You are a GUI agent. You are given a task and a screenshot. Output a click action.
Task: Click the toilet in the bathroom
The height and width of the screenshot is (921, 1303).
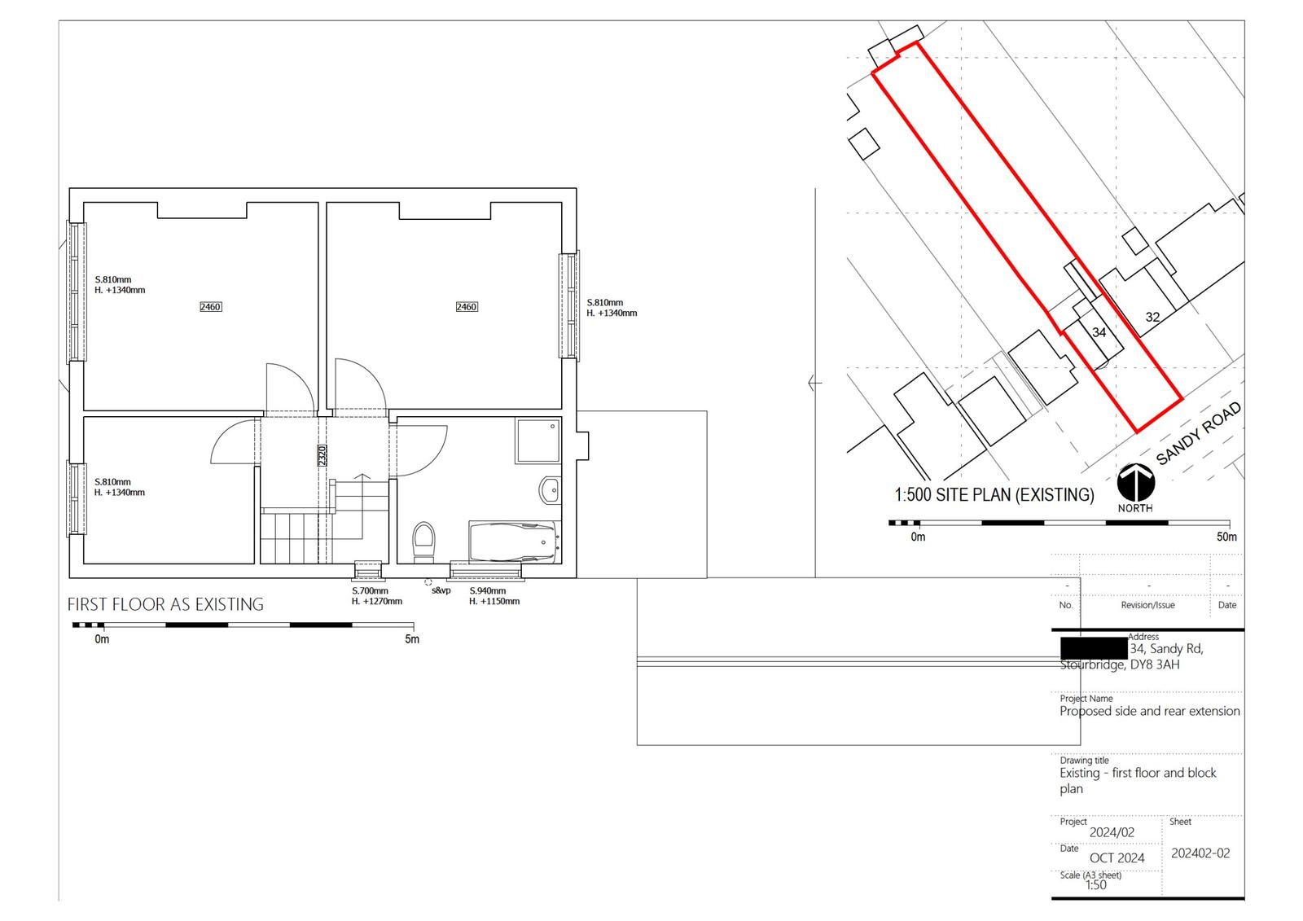pyautogui.click(x=423, y=541)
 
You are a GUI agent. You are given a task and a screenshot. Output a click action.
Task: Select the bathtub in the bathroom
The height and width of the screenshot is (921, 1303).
pyautogui.click(x=513, y=542)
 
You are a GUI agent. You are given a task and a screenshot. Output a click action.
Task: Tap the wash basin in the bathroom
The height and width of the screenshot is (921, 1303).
pyautogui.click(x=550, y=490)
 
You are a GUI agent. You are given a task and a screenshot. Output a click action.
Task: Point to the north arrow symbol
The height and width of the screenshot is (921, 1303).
pyautogui.click(x=1135, y=482)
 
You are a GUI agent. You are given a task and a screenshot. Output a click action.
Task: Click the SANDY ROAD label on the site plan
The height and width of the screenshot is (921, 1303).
pyautogui.click(x=1198, y=433)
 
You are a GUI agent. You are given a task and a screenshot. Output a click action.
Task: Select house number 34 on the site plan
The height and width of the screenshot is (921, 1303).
pyautogui.click(x=1099, y=332)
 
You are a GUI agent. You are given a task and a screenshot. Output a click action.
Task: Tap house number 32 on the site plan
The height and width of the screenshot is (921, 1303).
pyautogui.click(x=1152, y=318)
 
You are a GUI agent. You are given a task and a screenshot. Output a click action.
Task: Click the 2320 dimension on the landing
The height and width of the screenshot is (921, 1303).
pyautogui.click(x=322, y=455)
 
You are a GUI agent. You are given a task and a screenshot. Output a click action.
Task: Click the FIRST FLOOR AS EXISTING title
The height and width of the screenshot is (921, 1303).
pyautogui.click(x=165, y=604)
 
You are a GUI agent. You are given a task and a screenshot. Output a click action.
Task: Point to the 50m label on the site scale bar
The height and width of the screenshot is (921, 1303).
pyautogui.click(x=1226, y=537)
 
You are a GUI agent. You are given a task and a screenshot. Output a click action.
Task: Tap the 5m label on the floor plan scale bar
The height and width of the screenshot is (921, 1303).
pyautogui.click(x=412, y=639)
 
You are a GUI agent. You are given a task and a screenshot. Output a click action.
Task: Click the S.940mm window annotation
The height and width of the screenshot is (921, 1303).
pyautogui.click(x=487, y=591)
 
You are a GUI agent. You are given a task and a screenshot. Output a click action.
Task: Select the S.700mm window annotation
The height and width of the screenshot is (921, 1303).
pyautogui.click(x=370, y=591)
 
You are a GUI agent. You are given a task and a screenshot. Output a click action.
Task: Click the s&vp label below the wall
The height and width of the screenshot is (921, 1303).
pyautogui.click(x=441, y=590)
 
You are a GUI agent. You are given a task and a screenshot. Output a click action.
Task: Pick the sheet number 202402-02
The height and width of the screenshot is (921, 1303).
pyautogui.click(x=1200, y=853)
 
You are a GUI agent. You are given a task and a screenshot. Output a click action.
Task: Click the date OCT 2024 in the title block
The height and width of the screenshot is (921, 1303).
pyautogui.click(x=1117, y=858)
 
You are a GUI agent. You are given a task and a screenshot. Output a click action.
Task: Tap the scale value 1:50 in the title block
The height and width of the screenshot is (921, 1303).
pyautogui.click(x=1095, y=885)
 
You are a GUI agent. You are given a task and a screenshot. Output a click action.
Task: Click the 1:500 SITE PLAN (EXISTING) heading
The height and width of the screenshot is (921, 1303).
pyautogui.click(x=994, y=495)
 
